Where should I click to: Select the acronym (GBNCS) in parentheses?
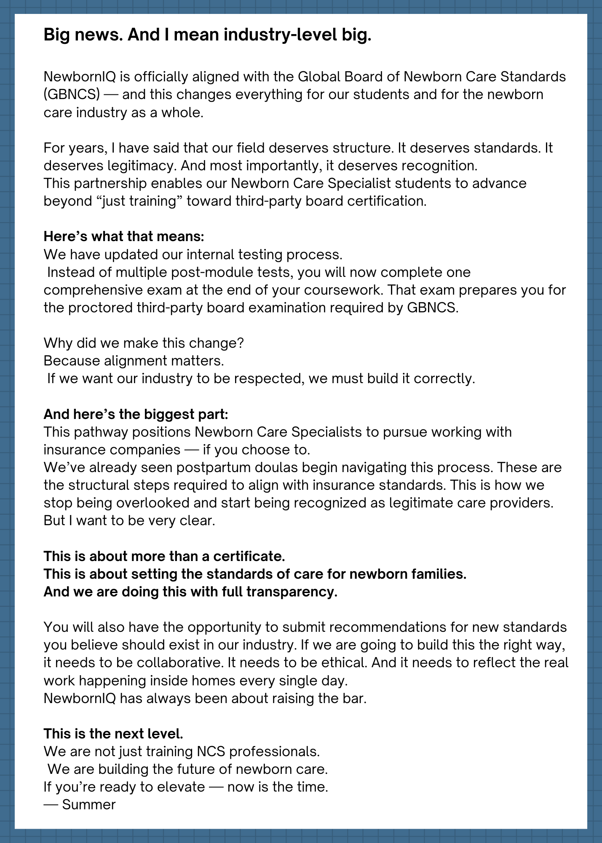tap(72, 94)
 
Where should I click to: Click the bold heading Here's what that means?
tap(124, 236)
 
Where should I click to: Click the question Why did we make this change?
tap(144, 343)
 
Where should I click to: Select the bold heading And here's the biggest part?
tap(136, 414)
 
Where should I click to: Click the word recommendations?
tap(387, 627)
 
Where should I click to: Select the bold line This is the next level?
tap(113, 734)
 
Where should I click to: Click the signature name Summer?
tap(88, 805)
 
